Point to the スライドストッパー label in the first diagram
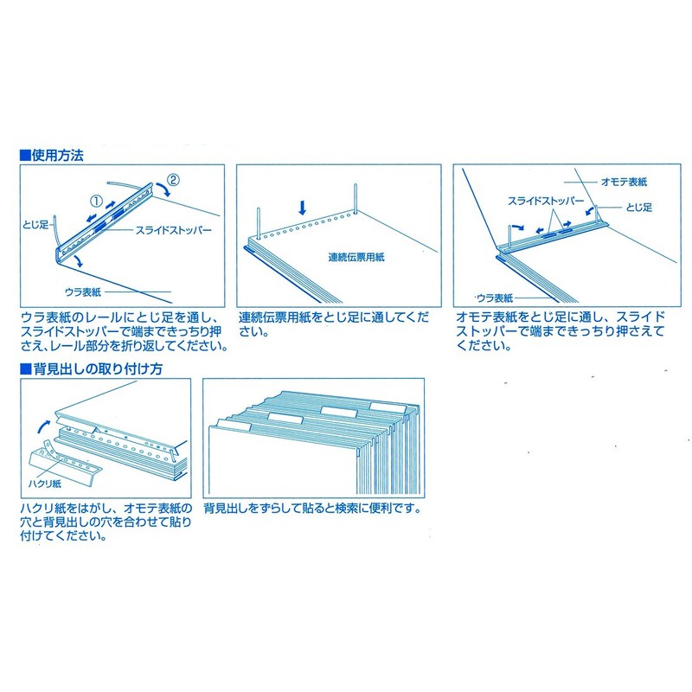[173, 232]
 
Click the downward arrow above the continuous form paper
[303, 208]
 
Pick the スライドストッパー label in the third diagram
[542, 200]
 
